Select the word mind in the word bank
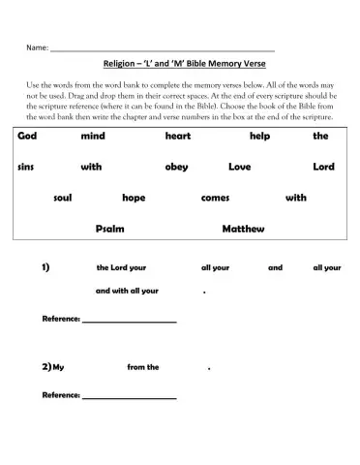92,137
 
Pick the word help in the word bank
259,137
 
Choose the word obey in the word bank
176,167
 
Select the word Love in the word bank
239,167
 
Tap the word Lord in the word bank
323,167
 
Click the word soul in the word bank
63,198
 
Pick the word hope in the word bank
134,198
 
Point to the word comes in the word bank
215,198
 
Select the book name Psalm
110,229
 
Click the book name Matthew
243,229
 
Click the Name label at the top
37,46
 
